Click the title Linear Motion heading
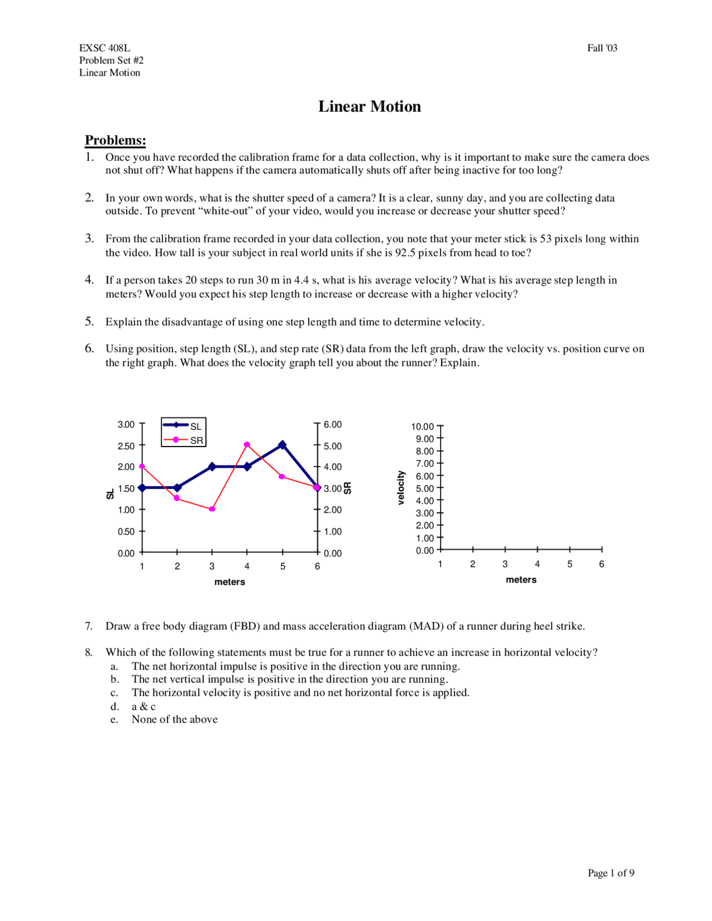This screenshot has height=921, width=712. point(369,106)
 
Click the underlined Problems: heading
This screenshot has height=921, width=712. point(115,140)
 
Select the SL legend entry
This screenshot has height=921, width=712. point(184,426)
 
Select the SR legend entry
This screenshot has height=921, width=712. point(184,440)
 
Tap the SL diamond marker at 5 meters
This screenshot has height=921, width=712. point(283,445)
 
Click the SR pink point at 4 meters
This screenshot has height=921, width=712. point(247,445)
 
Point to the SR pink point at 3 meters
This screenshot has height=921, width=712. point(212,509)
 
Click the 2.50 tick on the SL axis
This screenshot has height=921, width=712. point(126,446)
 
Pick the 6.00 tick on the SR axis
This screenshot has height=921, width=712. point(333,424)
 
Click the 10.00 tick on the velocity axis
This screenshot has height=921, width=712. point(422,427)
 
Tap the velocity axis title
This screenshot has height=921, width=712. point(400,488)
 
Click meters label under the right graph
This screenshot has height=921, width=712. point(521,580)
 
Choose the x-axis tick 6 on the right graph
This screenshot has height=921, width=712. point(601,564)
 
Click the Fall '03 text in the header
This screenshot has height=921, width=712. point(602,48)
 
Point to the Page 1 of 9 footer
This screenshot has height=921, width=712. point(611,873)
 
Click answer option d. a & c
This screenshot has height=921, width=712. point(143,706)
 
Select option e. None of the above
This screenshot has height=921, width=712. point(174,719)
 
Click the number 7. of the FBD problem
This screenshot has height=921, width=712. point(89,626)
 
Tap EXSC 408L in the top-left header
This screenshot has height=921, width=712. point(105,48)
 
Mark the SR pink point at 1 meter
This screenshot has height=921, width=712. point(142,467)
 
